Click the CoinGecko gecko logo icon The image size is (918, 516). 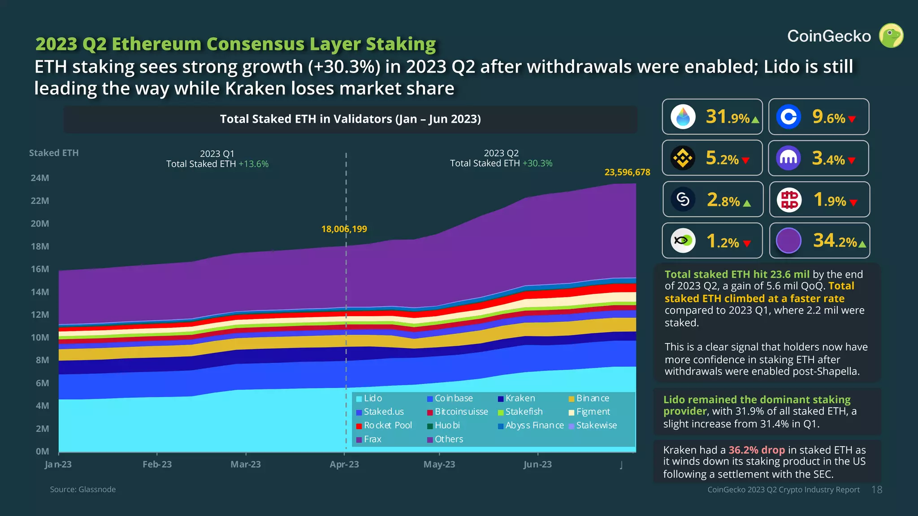891,36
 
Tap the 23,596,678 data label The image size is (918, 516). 627,172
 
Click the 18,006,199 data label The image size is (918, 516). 344,229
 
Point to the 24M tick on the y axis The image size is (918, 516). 40,178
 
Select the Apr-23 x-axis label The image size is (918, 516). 344,464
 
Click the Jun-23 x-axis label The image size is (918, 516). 537,464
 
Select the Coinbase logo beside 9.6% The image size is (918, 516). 788,117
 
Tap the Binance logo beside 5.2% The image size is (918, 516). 683,158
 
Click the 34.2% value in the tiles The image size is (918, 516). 835,241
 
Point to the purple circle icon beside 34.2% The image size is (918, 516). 788,241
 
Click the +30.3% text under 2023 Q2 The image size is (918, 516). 537,163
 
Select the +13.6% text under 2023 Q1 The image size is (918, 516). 253,164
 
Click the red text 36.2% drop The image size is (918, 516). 757,450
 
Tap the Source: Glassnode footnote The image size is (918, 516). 83,490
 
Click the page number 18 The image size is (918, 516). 877,490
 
